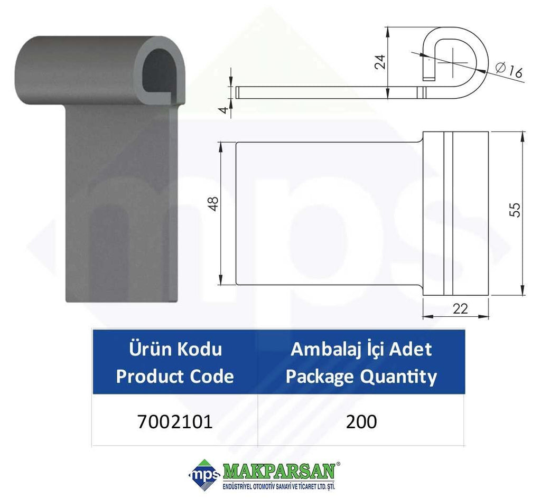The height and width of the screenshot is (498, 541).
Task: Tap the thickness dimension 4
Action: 224,110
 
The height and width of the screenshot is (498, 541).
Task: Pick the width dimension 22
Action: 460,308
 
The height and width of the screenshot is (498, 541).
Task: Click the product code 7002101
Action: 175,421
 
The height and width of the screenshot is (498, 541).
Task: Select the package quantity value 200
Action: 361,421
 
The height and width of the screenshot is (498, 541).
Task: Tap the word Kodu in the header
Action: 200,349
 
